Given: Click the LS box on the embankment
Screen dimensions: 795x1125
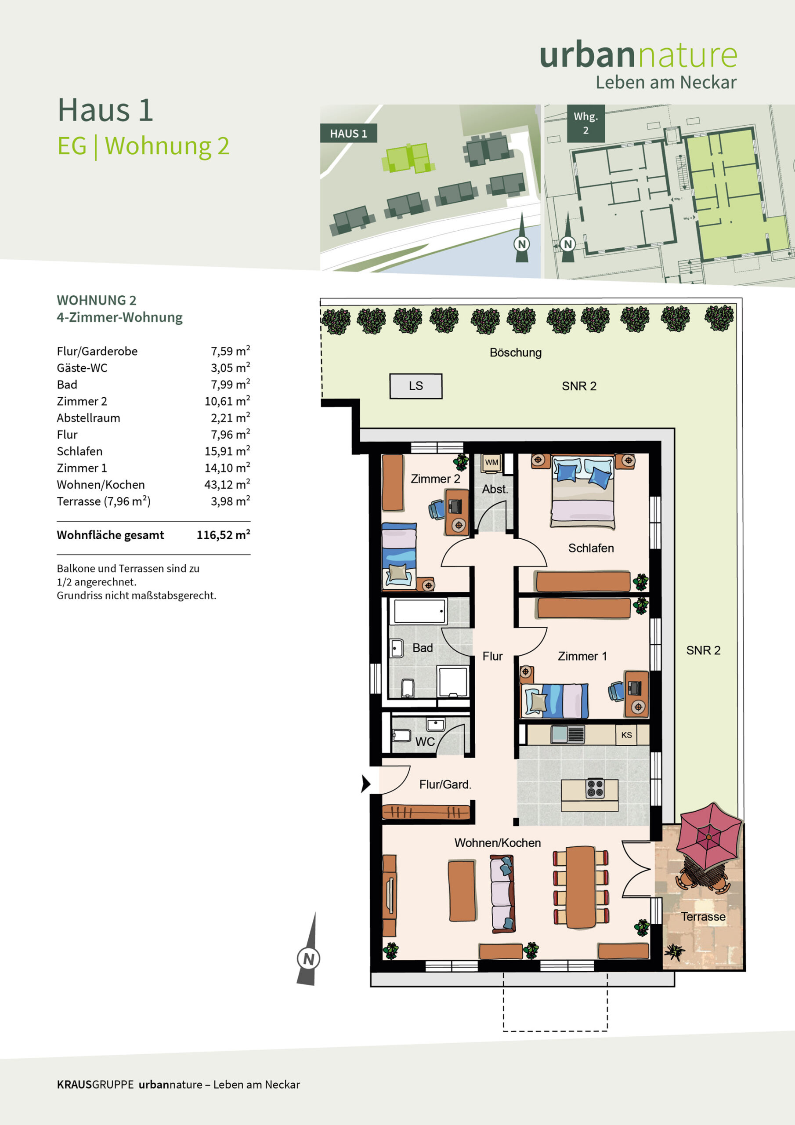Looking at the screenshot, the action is point(416,386).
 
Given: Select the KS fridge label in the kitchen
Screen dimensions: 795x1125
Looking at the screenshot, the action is point(626,735).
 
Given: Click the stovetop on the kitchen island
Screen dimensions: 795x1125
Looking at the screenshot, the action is point(595,788).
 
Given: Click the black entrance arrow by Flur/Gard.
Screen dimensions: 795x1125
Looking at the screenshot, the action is point(365,784).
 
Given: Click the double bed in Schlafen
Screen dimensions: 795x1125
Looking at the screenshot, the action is point(582,491).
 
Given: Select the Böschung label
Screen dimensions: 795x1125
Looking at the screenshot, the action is point(515,353).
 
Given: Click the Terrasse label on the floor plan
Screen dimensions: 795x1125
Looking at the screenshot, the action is point(703,917).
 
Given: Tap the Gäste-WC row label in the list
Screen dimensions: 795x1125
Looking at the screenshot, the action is point(82,368).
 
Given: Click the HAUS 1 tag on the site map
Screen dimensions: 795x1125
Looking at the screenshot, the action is point(348,133).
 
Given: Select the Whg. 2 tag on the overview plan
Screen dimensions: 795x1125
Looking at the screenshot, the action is point(586,123).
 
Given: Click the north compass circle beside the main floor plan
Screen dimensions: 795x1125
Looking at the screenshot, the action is point(309,959).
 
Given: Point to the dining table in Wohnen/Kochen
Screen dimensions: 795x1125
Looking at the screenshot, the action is point(581,887).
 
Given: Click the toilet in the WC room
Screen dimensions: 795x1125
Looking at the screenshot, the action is point(401,735).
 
